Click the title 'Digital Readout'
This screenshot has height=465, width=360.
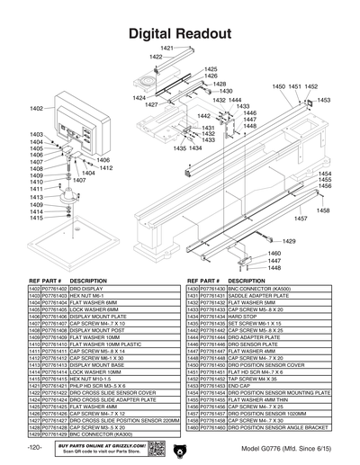[180, 33]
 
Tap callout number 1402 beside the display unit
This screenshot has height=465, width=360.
[37, 108]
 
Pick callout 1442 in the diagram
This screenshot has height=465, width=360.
[204, 116]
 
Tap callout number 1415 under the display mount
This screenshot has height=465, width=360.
[37, 218]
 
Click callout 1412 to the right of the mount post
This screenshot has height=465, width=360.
[105, 168]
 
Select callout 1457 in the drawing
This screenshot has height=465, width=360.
[300, 219]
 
